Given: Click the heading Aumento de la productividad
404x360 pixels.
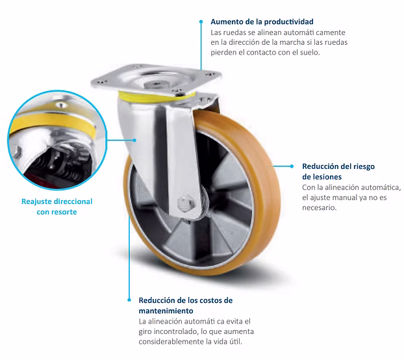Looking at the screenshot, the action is (x=262, y=21).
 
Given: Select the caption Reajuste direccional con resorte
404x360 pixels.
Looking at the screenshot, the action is (x=57, y=207).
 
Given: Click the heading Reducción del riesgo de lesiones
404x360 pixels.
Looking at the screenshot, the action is (x=338, y=172).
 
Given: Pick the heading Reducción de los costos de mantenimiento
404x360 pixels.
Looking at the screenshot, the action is (x=186, y=305).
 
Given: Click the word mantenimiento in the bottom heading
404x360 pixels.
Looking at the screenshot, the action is (x=166, y=311).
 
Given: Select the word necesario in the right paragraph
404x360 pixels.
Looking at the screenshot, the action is (x=319, y=207).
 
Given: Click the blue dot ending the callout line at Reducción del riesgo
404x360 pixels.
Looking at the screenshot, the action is (x=292, y=166).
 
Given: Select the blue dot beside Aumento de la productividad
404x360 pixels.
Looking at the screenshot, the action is (x=201, y=22).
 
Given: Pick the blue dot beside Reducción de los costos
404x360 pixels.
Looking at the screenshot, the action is (x=129, y=300).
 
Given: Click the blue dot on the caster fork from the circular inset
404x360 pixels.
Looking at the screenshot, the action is (x=134, y=140).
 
